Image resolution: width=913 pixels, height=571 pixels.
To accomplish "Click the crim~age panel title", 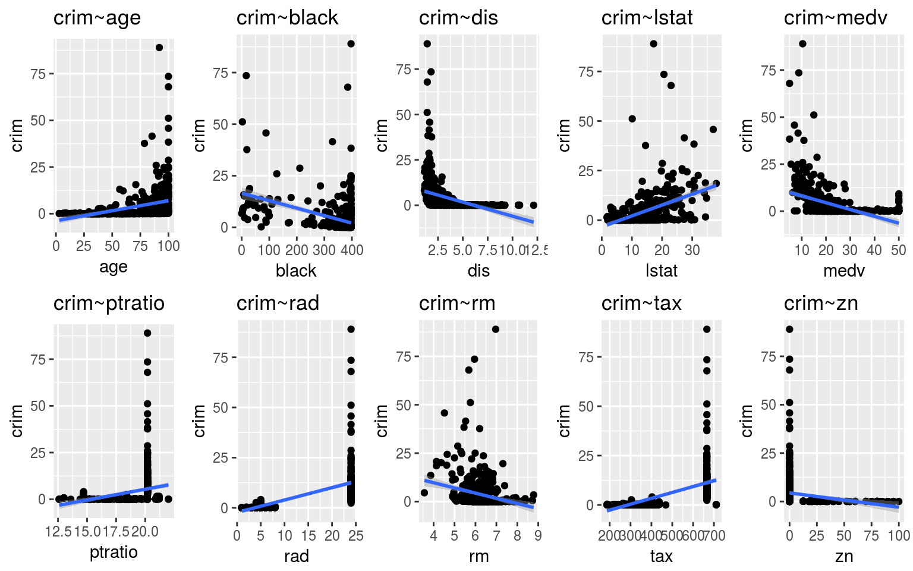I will (x=97, y=18).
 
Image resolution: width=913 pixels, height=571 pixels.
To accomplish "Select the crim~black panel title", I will (x=287, y=18).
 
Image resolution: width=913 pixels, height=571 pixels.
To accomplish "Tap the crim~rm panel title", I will (x=456, y=303).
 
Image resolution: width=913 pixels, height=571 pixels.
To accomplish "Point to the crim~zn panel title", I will (x=820, y=303).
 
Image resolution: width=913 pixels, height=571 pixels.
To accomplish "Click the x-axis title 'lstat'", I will (x=661, y=271).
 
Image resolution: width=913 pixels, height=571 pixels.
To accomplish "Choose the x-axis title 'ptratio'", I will (x=114, y=552).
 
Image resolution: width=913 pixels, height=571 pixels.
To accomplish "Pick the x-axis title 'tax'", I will (x=661, y=556).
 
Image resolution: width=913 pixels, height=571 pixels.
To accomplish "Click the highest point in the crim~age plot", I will (x=159, y=48).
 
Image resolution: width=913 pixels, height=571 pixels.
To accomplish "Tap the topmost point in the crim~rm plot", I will (x=496, y=330).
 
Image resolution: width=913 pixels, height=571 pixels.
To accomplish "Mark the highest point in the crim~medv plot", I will (x=802, y=43).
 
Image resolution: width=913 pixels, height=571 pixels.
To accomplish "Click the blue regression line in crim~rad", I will (x=297, y=496).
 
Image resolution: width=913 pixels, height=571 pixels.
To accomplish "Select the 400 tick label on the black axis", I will (x=352, y=250).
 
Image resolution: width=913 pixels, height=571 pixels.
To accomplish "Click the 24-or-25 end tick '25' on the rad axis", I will (x=355, y=536).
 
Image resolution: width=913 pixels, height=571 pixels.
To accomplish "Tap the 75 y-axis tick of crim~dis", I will (x=404, y=70).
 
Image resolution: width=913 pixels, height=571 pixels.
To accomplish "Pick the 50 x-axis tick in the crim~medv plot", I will (x=898, y=250).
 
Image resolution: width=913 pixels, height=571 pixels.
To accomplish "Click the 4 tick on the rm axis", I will (x=433, y=536).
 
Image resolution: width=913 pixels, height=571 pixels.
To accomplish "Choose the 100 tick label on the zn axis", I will (x=899, y=536).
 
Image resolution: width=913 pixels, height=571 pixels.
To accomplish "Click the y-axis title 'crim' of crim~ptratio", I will (x=17, y=421).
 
